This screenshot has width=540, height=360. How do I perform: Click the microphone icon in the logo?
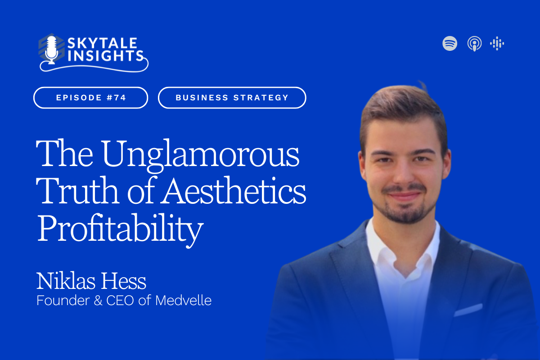coord(51,49)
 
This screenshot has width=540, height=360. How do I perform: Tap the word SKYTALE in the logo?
coord(103,43)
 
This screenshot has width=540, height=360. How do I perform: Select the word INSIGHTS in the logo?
coord(105,56)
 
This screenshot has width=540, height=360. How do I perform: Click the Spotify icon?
coord(450,43)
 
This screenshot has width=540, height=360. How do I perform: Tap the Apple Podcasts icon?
coord(474,44)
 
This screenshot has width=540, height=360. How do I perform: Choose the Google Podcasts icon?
coord(497,43)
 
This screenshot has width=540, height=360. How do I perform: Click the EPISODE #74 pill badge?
coord(90,98)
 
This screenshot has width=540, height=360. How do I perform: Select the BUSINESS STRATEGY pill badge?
coord(232,98)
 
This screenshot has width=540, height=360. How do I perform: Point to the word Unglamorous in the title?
coord(201,155)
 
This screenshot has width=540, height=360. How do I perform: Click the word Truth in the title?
coord(77,190)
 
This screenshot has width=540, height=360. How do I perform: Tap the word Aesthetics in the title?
coord(234,190)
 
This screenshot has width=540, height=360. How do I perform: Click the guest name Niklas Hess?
coord(91,281)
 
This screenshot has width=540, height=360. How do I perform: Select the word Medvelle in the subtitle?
coord(184,301)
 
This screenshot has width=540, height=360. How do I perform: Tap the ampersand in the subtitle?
coord(98,301)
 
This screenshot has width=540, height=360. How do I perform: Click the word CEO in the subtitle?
coord(120,301)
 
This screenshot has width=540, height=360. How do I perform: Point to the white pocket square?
coord(468,310)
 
